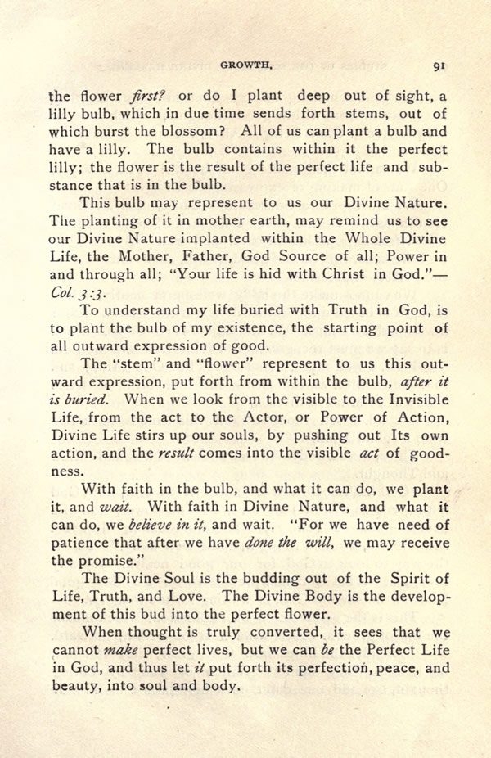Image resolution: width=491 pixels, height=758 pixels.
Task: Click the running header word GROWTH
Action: (x=250, y=69)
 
